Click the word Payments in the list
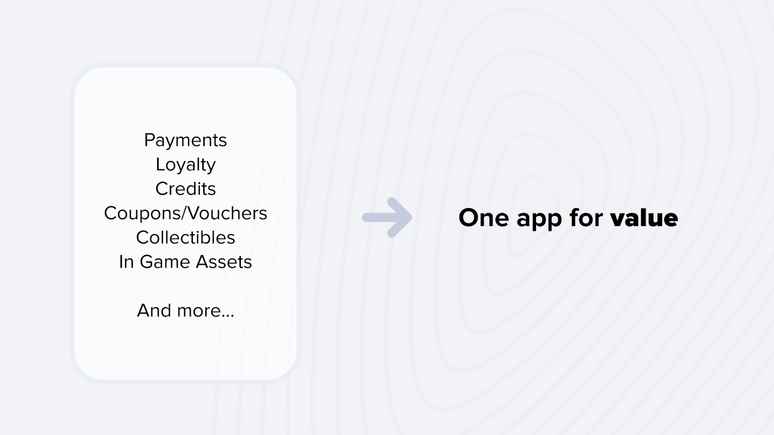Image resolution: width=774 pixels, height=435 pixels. (185, 140)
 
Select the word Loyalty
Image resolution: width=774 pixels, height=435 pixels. (185, 165)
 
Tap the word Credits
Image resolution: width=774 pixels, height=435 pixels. (185, 189)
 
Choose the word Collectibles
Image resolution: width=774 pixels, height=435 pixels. (185, 238)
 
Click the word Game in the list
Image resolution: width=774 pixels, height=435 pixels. (165, 262)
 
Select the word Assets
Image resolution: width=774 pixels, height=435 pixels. (224, 262)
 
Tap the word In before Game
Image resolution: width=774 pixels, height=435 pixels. (126, 262)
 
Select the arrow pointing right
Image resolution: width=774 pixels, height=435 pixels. (387, 217)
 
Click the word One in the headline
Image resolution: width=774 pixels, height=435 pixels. (484, 218)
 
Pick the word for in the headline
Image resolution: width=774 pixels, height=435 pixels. (586, 217)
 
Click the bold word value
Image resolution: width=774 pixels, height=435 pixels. (644, 218)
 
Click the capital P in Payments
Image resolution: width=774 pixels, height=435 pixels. (149, 140)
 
